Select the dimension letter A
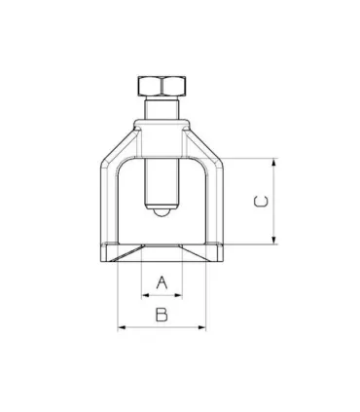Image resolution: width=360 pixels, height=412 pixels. pyautogui.click(x=162, y=282)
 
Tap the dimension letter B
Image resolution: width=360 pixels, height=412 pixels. pyautogui.click(x=162, y=315)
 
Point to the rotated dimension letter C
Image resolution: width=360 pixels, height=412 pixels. pyautogui.click(x=260, y=202)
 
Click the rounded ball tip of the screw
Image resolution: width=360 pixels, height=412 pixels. pyautogui.click(x=162, y=211)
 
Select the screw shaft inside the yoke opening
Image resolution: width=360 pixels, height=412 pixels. pyautogui.click(x=162, y=180)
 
